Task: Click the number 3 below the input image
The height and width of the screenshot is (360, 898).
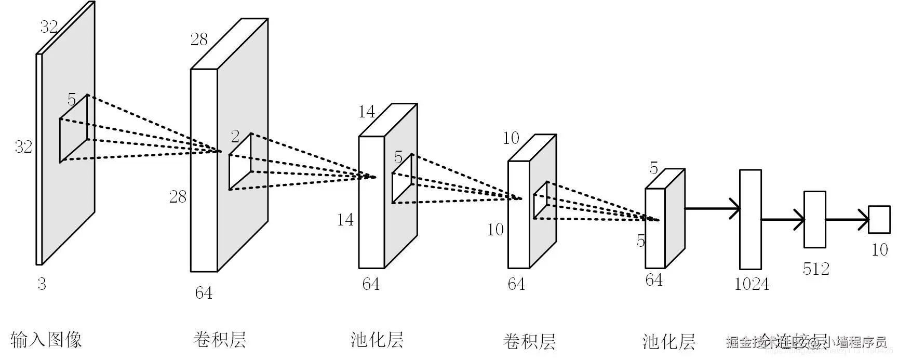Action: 42,284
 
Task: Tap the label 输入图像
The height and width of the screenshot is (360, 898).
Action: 46,340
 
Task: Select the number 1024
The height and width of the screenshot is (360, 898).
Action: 752,284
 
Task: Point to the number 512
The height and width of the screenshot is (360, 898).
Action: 815,269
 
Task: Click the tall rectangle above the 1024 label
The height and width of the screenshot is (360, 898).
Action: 750,219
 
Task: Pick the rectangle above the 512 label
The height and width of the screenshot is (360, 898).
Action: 814,219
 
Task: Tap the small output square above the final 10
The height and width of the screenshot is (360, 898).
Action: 879,219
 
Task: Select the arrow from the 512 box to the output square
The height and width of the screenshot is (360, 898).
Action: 847,219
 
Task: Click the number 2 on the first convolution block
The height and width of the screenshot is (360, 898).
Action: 235,136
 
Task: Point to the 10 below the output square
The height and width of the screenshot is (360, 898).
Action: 879,250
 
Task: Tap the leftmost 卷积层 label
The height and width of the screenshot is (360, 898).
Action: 219,340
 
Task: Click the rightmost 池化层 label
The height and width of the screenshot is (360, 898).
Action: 668,342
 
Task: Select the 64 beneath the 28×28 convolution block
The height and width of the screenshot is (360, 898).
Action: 204,293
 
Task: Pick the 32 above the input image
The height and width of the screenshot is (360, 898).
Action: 49,26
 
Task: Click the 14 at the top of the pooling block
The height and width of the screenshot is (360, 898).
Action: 367,112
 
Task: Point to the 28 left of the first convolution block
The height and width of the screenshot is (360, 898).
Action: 178,196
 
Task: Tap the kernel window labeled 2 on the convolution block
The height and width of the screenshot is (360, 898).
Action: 240,162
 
